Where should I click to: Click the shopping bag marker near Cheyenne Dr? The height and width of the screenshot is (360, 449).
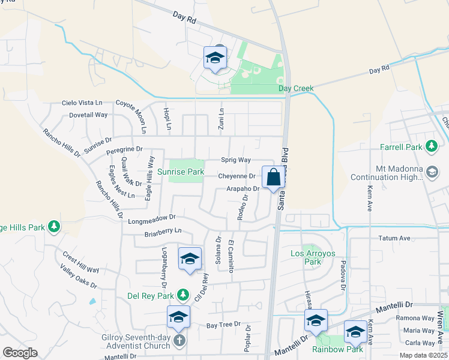click(273, 178)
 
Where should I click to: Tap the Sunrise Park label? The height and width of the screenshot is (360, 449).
click(156, 172)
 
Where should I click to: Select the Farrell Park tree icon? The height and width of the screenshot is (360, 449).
click(431, 146)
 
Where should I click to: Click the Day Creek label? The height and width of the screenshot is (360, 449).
click(296, 89)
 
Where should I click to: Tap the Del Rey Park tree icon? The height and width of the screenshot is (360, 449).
click(184, 295)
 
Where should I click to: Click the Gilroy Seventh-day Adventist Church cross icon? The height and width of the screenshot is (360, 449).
click(179, 341)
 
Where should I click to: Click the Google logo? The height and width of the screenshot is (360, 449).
click(20, 353)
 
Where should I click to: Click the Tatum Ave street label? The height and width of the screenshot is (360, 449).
click(394, 238)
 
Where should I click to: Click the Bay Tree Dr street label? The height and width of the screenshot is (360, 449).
click(223, 325)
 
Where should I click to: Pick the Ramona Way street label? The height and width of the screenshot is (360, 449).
click(420, 318)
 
